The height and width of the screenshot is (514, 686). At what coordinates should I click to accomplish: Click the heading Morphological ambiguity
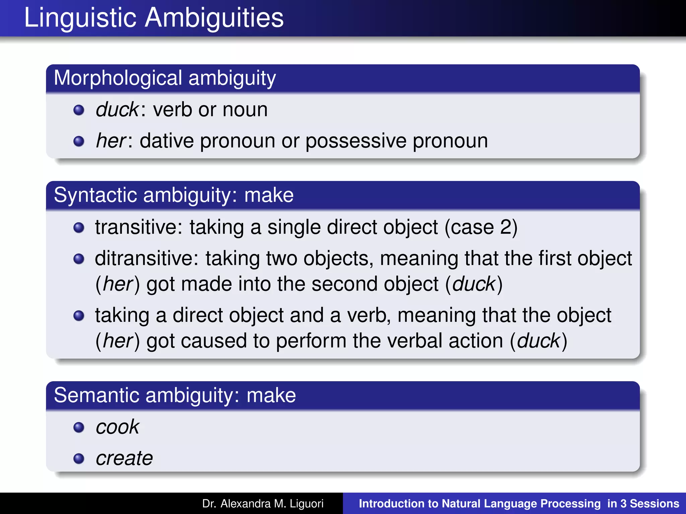(x=165, y=78)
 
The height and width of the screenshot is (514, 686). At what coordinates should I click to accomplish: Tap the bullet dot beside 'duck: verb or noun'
(x=79, y=110)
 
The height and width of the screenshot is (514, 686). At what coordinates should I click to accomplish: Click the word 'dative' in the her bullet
(x=166, y=141)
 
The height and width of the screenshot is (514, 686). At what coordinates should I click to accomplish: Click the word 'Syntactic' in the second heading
(x=95, y=195)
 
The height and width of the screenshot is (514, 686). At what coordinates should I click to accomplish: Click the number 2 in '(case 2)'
(x=506, y=227)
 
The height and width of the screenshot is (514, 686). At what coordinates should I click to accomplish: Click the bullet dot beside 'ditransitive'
(x=79, y=259)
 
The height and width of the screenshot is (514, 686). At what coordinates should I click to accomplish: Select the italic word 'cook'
(x=117, y=427)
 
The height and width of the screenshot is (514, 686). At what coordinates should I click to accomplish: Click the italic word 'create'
(x=124, y=458)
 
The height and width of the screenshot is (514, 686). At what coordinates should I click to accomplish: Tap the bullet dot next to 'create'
(x=79, y=458)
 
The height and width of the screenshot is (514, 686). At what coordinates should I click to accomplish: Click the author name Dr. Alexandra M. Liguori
(x=263, y=504)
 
